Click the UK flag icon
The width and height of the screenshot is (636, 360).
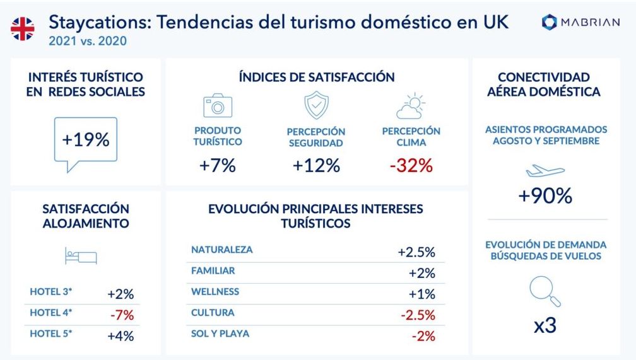pyautogui.click(x=23, y=29)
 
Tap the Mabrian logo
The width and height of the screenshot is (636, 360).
pyautogui.click(x=580, y=22)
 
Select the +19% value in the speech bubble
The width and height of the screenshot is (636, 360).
pyautogui.click(x=86, y=140)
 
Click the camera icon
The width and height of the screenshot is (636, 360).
pyautogui.click(x=218, y=105)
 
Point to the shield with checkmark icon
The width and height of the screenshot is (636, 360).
pyautogui.click(x=316, y=105)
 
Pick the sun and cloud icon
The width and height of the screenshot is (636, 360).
pyautogui.click(x=411, y=106)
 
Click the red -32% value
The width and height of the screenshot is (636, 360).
pyautogui.click(x=411, y=165)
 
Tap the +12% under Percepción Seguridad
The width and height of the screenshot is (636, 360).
pyautogui.click(x=316, y=165)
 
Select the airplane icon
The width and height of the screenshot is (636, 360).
pyautogui.click(x=545, y=171)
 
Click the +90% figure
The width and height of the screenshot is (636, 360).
pyautogui.click(x=545, y=196)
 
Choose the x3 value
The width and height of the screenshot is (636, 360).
pyautogui.click(x=545, y=325)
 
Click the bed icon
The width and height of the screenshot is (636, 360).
pyautogui.click(x=81, y=256)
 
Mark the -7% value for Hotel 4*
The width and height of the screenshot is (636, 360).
pyautogui.click(x=122, y=315)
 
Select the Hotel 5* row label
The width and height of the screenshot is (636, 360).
pyautogui.click(x=50, y=334)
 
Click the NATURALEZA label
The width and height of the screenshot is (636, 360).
pyautogui.click(x=222, y=250)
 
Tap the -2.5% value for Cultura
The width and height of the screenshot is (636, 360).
pyautogui.click(x=418, y=315)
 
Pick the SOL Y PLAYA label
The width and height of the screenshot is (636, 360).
pyautogui.click(x=220, y=334)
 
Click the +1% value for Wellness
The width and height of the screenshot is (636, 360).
pyautogui.click(x=422, y=294)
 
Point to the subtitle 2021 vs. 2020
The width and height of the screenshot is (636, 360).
pyautogui.click(x=88, y=41)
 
